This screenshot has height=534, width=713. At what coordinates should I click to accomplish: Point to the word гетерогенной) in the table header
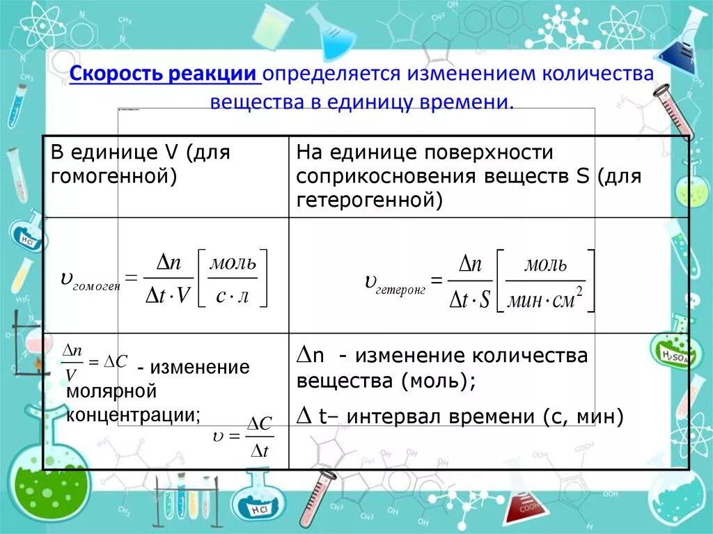[x=369, y=200]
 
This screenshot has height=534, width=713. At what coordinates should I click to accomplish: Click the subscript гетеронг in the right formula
[x=400, y=288]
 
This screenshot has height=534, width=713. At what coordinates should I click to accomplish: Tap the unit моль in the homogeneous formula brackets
[x=233, y=264]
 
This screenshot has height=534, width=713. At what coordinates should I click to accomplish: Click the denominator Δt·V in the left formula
[x=167, y=296]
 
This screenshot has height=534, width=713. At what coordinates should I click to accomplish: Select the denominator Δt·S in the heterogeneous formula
[x=470, y=300]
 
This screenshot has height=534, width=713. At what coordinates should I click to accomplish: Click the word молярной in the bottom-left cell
[x=111, y=391]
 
